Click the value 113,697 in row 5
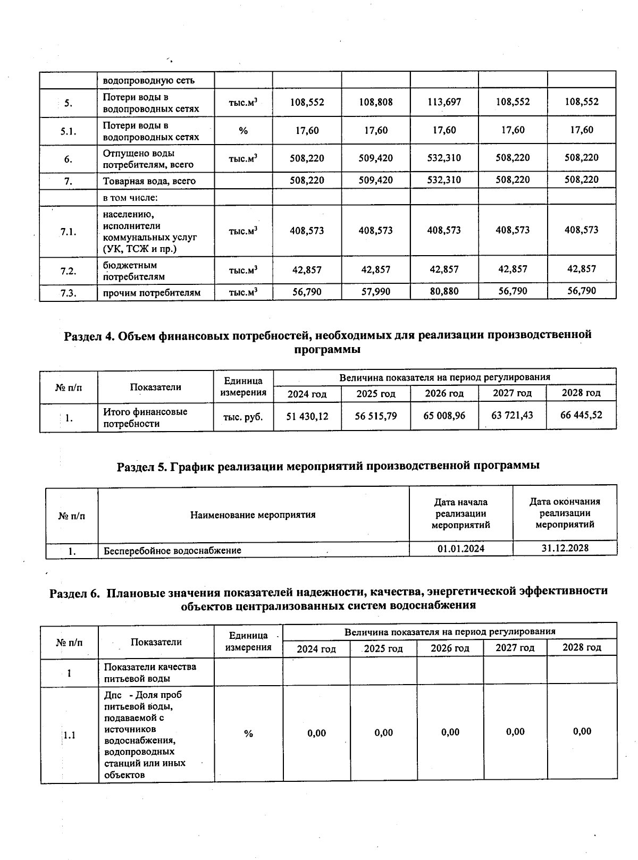click(x=444, y=102)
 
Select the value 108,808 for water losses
click(x=375, y=102)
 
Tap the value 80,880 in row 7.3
click(x=444, y=291)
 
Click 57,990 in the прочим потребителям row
click(x=375, y=292)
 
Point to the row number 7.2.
click(x=68, y=271)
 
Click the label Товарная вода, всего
click(x=149, y=181)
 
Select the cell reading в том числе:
click(x=131, y=198)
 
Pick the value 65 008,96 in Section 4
click(x=444, y=416)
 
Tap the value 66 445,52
click(x=581, y=415)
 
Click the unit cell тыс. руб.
click(x=243, y=417)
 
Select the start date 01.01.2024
click(x=461, y=549)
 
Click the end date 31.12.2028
click(x=565, y=548)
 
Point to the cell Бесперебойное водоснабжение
click(x=172, y=551)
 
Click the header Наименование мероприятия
click(x=253, y=515)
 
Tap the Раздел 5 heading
click(x=328, y=466)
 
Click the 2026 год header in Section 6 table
click(x=450, y=648)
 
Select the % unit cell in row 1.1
click(x=248, y=734)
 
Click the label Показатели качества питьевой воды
click(x=150, y=672)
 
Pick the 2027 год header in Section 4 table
click(x=512, y=393)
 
